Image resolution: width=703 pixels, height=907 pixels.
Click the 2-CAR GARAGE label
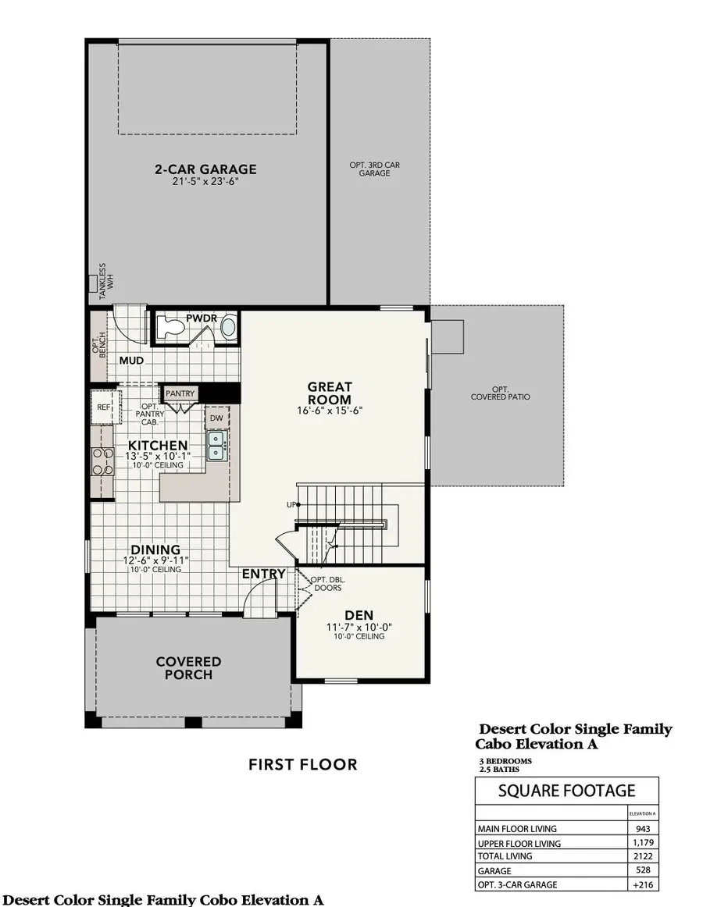pyautogui.click(x=205, y=169)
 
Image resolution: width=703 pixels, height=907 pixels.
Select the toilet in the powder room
pyautogui.click(x=170, y=328)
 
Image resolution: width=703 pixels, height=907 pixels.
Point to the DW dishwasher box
pyautogui.click(x=216, y=418)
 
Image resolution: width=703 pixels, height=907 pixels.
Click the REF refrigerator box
pyautogui.click(x=103, y=407)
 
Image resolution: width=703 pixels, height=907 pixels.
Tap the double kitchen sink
pyautogui.click(x=216, y=446)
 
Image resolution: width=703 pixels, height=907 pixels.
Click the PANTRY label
pyautogui.click(x=180, y=393)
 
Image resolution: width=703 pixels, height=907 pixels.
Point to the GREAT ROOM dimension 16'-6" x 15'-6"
pyautogui.click(x=329, y=411)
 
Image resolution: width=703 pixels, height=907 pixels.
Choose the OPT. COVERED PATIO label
pyautogui.click(x=500, y=393)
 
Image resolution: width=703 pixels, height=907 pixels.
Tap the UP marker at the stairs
pyautogui.click(x=292, y=504)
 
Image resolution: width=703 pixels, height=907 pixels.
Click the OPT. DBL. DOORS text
pyautogui.click(x=326, y=584)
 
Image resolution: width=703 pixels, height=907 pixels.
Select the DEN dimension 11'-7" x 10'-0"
pyautogui.click(x=359, y=627)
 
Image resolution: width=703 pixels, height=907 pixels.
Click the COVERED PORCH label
pyautogui.click(x=188, y=667)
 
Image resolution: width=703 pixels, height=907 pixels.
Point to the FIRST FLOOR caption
pyautogui.click(x=302, y=764)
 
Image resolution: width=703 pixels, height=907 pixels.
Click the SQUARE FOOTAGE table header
pyautogui.click(x=566, y=791)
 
